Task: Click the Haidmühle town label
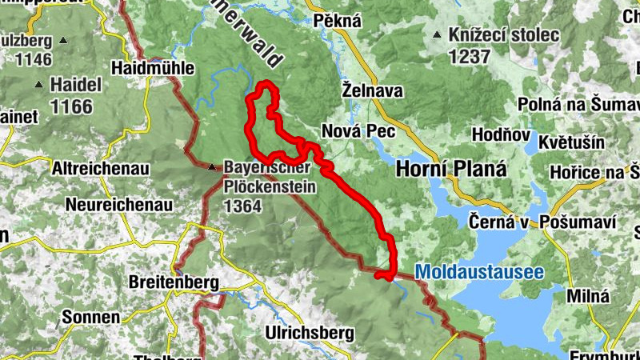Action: [x=154, y=68]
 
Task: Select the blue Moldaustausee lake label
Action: [x=479, y=273]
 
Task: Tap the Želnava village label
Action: [x=372, y=91]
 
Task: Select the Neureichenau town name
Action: [x=119, y=205]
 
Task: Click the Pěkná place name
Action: [x=338, y=21]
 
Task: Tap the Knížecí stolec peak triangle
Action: [x=437, y=35]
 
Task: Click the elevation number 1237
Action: [x=470, y=56]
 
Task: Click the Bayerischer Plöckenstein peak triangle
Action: [x=211, y=168]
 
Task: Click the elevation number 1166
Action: [x=71, y=105]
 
